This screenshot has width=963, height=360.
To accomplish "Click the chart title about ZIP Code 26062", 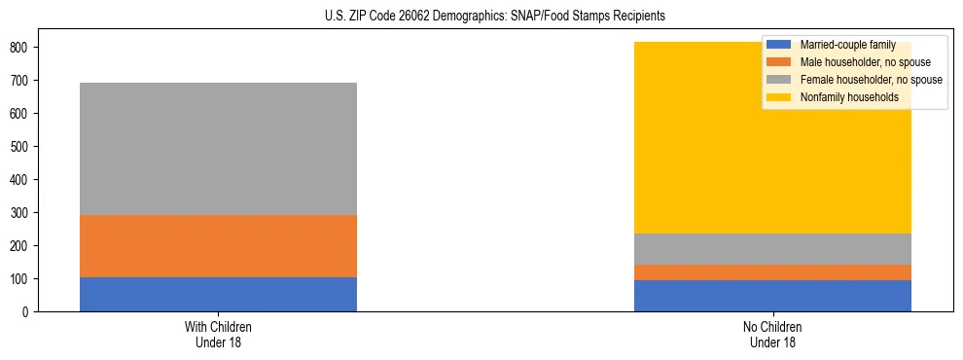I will (x=481, y=17).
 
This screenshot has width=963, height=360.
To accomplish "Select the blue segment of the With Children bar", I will (x=218, y=294).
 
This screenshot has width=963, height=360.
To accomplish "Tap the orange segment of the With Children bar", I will (x=218, y=246).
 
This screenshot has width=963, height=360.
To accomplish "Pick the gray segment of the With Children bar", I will (x=218, y=149).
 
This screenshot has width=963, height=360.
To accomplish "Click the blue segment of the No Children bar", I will (x=772, y=296).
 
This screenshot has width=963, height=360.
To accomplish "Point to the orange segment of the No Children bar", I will (x=772, y=272).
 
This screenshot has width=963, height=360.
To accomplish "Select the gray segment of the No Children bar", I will (x=772, y=249).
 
